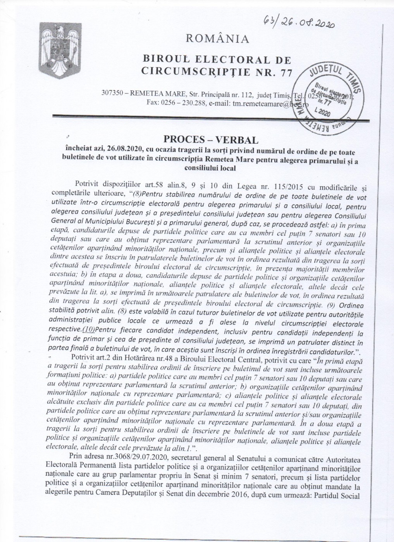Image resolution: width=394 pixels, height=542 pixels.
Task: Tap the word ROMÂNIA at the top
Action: (217, 38)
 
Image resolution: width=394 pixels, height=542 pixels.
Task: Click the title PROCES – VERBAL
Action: (214, 139)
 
